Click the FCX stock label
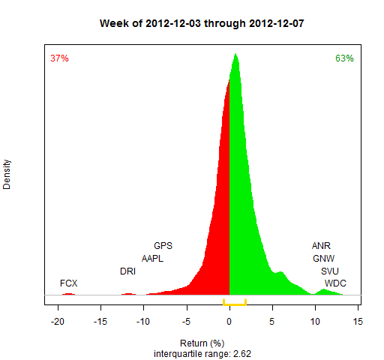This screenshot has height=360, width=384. (69, 283)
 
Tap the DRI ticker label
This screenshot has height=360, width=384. (127, 271)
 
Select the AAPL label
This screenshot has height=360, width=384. (152, 259)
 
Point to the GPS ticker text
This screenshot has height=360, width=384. (163, 246)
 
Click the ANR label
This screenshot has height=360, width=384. (321, 246)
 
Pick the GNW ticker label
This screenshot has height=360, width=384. (324, 259)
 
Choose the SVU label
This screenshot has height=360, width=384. (330, 271)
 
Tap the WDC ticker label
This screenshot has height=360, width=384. (335, 283)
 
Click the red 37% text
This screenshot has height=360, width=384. (59, 58)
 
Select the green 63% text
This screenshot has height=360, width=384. (344, 58)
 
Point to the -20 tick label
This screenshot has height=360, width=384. (58, 322)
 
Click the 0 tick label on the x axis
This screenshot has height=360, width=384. (229, 322)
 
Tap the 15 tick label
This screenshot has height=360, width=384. (358, 322)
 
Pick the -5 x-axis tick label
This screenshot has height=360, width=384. (187, 322)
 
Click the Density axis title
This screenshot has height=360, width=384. (7, 175)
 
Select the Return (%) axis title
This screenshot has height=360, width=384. (202, 343)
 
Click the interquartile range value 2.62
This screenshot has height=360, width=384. (242, 354)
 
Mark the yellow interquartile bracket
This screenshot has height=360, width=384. (235, 304)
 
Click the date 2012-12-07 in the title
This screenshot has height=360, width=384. (277, 23)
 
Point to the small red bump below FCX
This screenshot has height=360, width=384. (68, 294)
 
